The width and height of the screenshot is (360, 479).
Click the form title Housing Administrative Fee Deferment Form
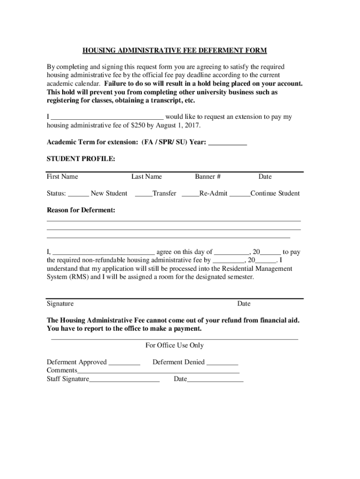[175, 51]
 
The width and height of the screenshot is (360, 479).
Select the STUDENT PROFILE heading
[81, 160]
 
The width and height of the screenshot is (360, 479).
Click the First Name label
[62, 177]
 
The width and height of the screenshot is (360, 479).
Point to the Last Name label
[146, 177]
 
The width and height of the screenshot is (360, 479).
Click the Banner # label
[208, 177]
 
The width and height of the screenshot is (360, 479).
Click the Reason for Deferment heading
[81, 210]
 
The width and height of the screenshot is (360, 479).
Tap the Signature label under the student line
[60, 304]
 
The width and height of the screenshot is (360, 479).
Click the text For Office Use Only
[174, 346]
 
